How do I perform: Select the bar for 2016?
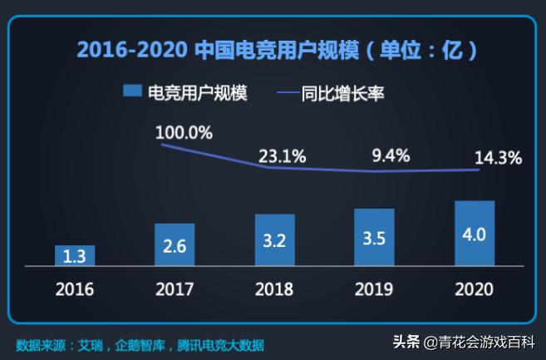[75, 255]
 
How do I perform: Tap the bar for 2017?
[175, 244]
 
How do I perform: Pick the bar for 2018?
[274, 239]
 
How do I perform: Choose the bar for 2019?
[374, 237]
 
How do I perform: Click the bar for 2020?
[475, 233]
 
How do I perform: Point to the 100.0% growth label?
[184, 132]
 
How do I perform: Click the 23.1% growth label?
[283, 155]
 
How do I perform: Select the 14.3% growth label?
[498, 158]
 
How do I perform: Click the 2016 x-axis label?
[75, 289]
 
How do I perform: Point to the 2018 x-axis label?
[274, 289]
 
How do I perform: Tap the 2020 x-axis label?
[475, 289]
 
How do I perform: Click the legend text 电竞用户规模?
[197, 92]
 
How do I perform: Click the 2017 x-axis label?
[175, 289]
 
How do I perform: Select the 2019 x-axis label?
[374, 289]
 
